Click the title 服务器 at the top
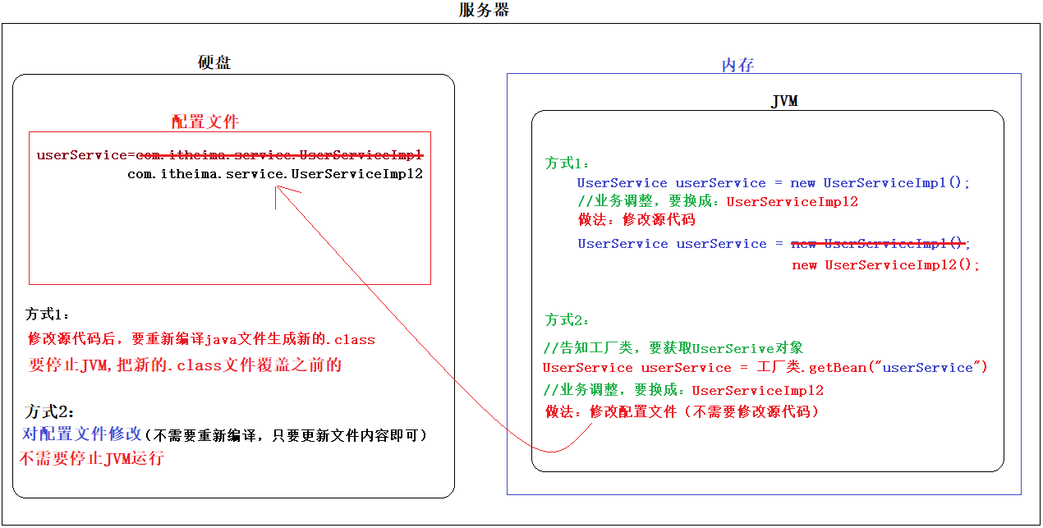point(485,11)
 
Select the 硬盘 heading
point(214,62)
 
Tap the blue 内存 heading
point(737,65)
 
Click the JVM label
point(784,101)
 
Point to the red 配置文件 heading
point(205,122)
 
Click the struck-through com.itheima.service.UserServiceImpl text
point(279,154)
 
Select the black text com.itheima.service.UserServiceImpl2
point(274,173)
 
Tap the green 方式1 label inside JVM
point(567,163)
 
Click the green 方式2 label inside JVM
point(567,319)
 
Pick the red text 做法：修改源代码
point(636,219)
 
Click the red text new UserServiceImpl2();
point(885,264)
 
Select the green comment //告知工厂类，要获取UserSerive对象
point(673,347)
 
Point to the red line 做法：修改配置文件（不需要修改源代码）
point(682,411)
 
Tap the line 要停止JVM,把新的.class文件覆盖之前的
point(185,365)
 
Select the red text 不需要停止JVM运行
point(92,458)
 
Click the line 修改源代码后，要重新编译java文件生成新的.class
point(201,338)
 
